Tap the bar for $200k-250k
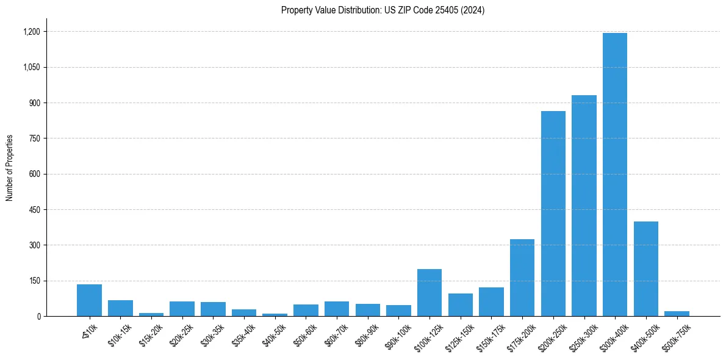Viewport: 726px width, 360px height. tap(553, 214)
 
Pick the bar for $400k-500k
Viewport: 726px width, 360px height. tap(645, 268)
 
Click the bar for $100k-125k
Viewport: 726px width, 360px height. tap(429, 293)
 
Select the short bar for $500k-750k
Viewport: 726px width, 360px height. tap(677, 314)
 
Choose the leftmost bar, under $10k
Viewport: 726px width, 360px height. tap(89, 300)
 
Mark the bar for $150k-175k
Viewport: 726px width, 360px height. tap(491, 302)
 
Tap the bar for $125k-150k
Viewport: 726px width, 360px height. tap(461, 305)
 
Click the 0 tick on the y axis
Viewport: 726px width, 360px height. tap(38, 317)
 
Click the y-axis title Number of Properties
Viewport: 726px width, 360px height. tap(9, 168)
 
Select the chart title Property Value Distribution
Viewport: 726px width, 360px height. tap(383, 10)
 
